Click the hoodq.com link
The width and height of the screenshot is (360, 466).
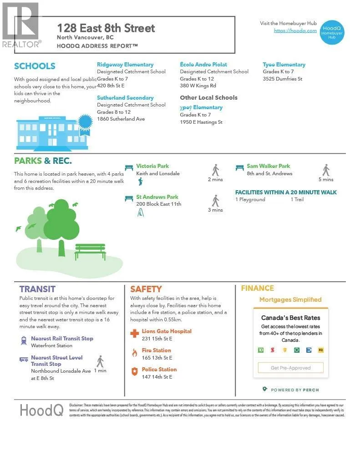click(x=295, y=30)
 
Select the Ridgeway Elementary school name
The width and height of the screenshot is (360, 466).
click(x=125, y=65)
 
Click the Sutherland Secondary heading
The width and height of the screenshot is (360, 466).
click(x=125, y=98)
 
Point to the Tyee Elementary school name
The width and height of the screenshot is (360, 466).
click(x=284, y=65)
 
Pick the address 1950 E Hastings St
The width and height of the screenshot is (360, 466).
click(x=201, y=122)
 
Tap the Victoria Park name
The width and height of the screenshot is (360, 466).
click(x=152, y=166)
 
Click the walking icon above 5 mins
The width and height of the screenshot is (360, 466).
click(x=326, y=170)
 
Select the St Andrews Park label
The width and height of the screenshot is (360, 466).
click(x=157, y=197)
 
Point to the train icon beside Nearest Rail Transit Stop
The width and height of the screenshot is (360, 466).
click(x=24, y=340)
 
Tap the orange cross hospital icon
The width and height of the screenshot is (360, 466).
click(x=134, y=334)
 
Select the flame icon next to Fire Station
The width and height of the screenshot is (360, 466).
click(x=134, y=353)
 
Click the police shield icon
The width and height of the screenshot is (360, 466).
click(x=134, y=372)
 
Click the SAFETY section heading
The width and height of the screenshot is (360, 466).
click(x=146, y=289)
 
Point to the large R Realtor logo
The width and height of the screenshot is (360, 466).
click(x=20, y=21)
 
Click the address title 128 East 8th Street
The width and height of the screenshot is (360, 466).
click(x=106, y=28)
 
